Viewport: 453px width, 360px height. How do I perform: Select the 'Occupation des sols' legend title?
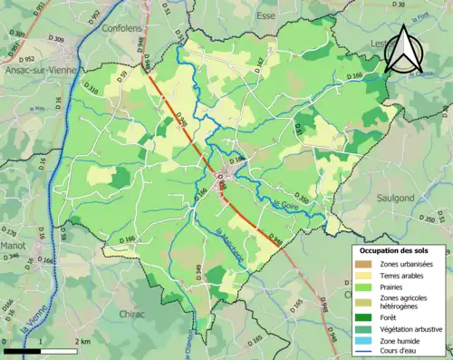pyautogui.click(x=392, y=249)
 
